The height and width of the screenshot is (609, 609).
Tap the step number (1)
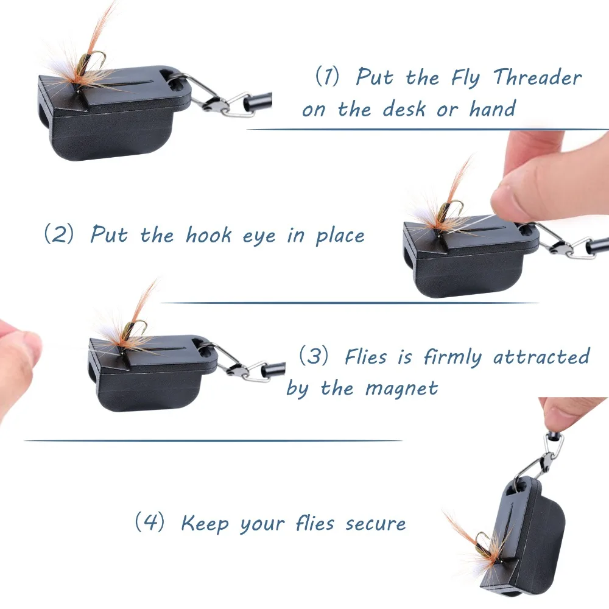pyautogui.click(x=327, y=76)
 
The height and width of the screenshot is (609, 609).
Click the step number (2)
pyautogui.click(x=59, y=234)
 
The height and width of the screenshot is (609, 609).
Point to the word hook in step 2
pyautogui.click(x=208, y=234)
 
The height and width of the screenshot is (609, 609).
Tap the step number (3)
pyautogui.click(x=314, y=356)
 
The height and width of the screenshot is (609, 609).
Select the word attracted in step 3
pyautogui.click(x=541, y=356)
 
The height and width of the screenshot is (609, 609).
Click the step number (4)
pyautogui.click(x=150, y=522)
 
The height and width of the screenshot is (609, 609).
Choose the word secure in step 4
pyautogui.click(x=376, y=524)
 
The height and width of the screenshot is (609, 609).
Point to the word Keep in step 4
pyautogui.click(x=205, y=524)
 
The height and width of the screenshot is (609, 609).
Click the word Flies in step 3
pyautogui.click(x=366, y=356)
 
